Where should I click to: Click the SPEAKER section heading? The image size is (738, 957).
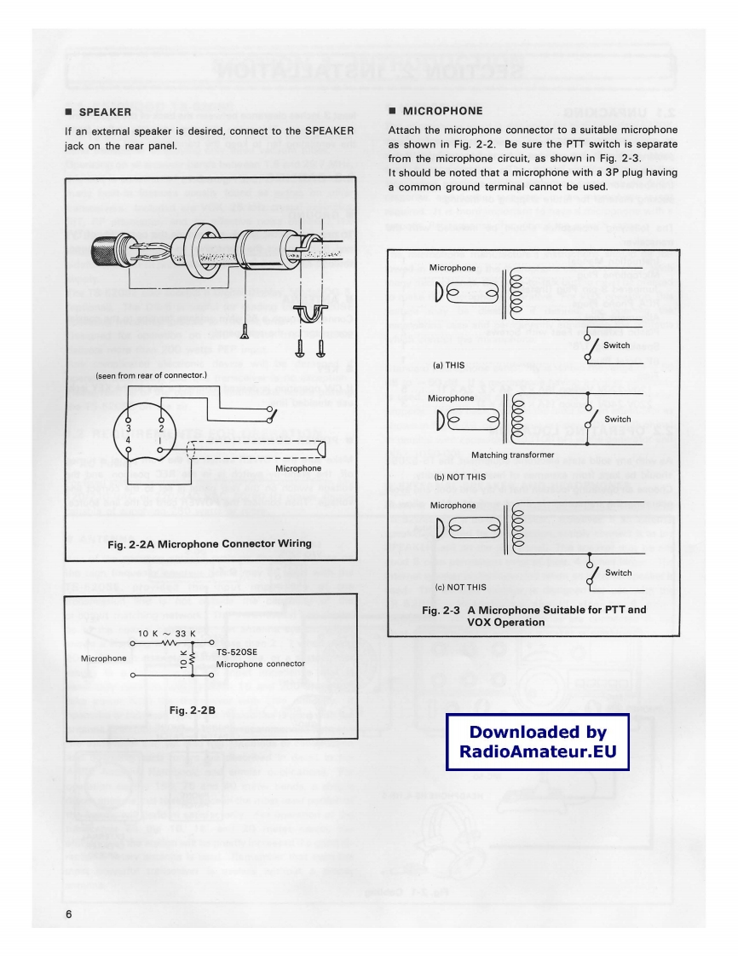click(x=105, y=111)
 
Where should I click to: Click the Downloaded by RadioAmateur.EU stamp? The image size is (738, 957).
click(x=537, y=742)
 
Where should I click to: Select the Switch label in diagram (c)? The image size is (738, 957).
click(x=617, y=572)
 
